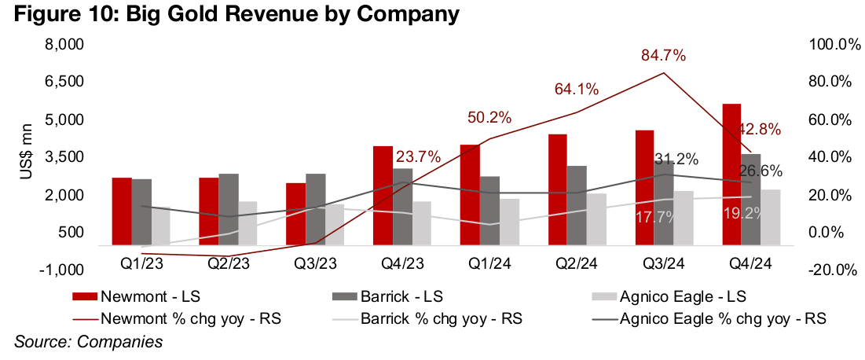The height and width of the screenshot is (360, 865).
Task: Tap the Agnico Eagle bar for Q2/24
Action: pos(597,219)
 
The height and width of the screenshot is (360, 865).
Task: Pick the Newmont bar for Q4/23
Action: pos(383,196)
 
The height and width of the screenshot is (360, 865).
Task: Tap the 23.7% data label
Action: pos(417,156)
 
